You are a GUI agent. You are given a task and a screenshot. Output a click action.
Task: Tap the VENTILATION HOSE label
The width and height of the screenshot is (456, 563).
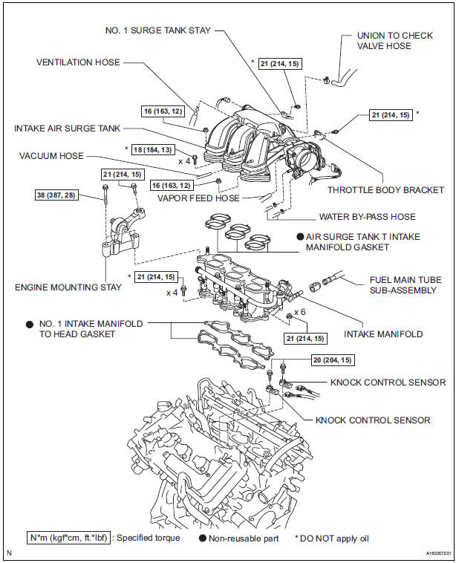pyautogui.click(x=78, y=62)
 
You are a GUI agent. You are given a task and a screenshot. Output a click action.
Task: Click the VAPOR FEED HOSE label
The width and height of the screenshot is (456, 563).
pyautogui.click(x=198, y=198)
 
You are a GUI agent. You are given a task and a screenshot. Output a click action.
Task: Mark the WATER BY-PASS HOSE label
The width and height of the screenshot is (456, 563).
pyautogui.click(x=368, y=217)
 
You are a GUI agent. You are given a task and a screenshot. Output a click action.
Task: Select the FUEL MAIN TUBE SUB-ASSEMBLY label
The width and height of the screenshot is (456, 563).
pyautogui.click(x=405, y=284)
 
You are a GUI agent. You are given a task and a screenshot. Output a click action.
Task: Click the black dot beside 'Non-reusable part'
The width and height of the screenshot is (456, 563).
pyautogui.click(x=203, y=538)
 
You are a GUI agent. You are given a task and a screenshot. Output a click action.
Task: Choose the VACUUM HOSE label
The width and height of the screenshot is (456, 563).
pyautogui.click(x=51, y=156)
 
